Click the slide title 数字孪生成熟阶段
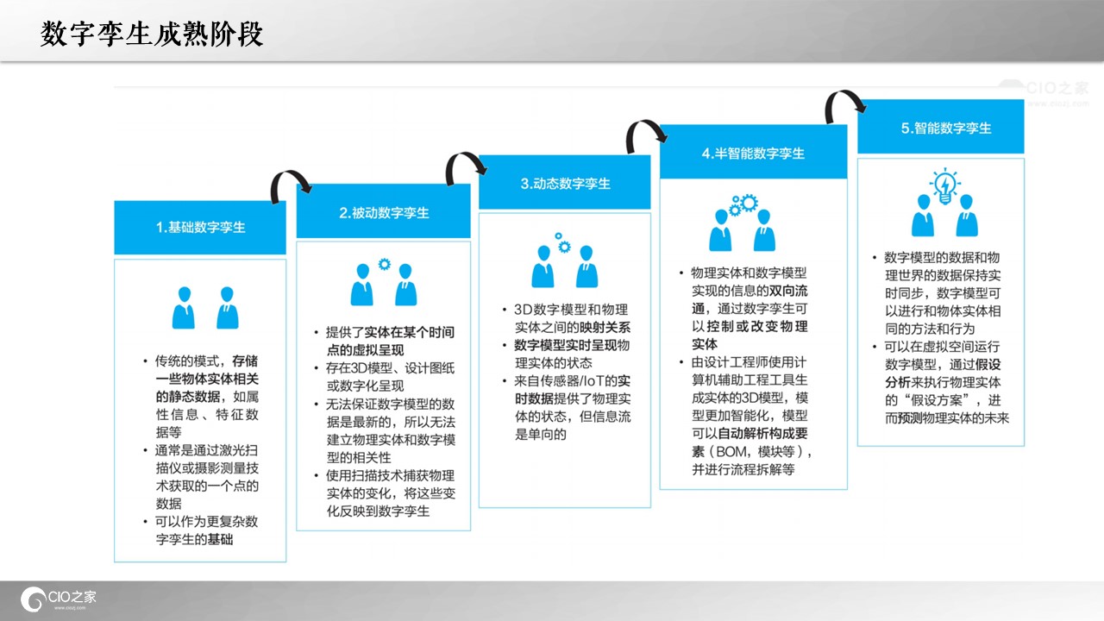[152, 34]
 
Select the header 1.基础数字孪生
[201, 227]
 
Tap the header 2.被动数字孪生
[384, 213]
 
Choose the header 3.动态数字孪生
[565, 184]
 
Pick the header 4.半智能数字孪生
[753, 154]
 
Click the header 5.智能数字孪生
[946, 129]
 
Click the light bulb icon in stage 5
[944, 185]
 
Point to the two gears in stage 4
[743, 204]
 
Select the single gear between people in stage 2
[385, 264]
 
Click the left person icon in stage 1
[184, 308]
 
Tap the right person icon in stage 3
[586, 267]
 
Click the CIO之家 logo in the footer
[59, 599]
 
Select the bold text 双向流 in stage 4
[788, 291]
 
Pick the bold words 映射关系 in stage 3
[605, 327]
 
